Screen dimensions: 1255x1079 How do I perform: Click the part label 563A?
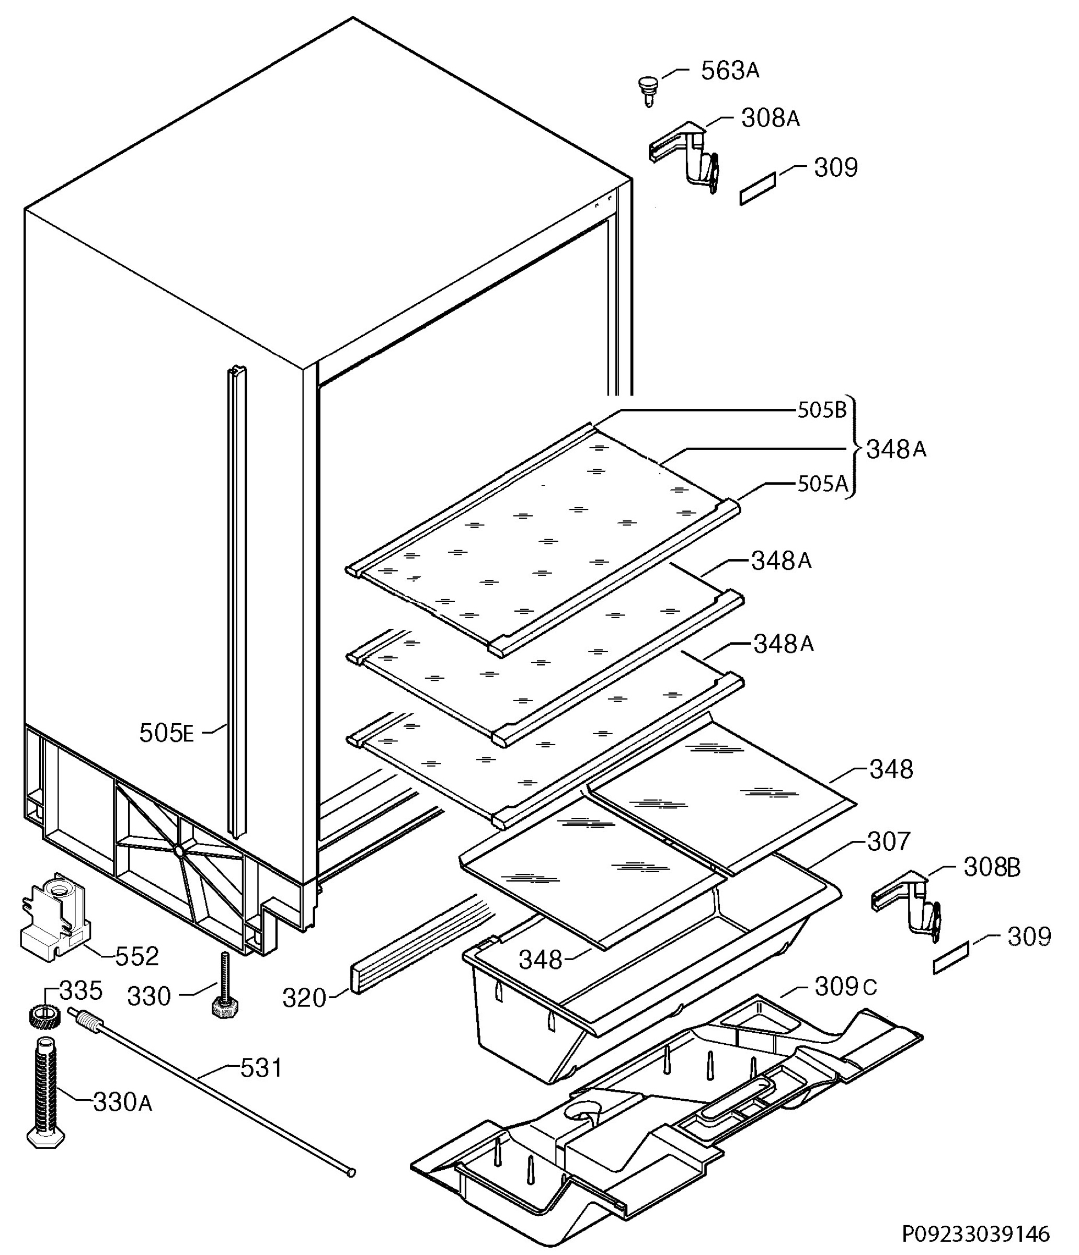(x=730, y=71)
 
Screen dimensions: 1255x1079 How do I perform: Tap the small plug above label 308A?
(x=647, y=89)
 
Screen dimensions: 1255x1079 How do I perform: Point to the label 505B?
(x=822, y=410)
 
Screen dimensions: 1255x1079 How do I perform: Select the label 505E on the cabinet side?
(x=167, y=733)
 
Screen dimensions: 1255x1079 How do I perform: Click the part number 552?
(x=137, y=956)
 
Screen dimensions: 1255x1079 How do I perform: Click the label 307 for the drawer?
(x=888, y=841)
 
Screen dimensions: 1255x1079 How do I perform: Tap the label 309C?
(x=845, y=987)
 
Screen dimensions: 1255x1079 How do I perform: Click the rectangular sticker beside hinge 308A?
(x=757, y=188)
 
